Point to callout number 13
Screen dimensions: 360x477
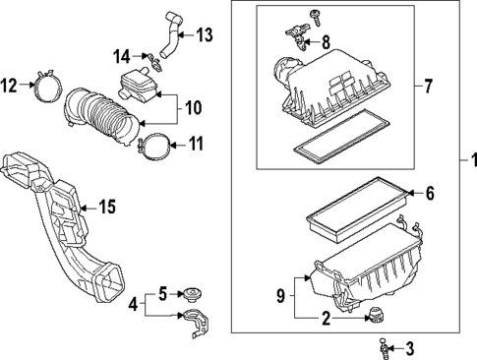tap(203, 35)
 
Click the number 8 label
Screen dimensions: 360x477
tap(328, 41)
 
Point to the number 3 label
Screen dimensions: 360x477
tap(410, 347)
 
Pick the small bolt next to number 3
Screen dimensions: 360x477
tap(385, 347)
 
